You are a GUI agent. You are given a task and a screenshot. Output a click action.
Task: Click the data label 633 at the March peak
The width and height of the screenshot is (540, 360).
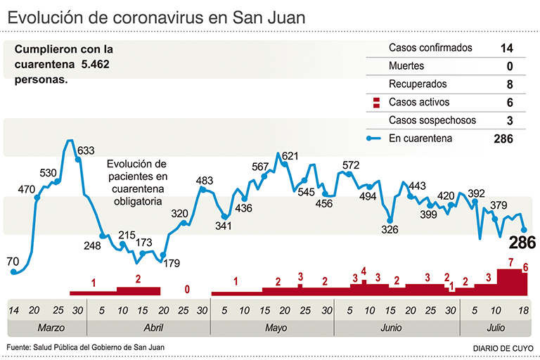(x=86, y=150)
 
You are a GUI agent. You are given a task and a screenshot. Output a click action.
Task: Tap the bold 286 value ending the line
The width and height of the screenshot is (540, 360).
(x=522, y=243)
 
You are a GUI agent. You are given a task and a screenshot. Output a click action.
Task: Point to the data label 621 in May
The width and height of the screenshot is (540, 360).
(x=290, y=156)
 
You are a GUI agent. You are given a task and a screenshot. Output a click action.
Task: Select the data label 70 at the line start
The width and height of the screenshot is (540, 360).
(x=13, y=262)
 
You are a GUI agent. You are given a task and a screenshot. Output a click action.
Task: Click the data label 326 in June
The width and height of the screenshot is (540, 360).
(x=390, y=229)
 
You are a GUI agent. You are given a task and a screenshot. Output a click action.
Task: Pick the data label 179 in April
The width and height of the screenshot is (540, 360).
(x=171, y=263)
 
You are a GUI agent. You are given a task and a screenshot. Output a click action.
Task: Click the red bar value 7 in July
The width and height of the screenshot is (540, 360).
(x=509, y=263)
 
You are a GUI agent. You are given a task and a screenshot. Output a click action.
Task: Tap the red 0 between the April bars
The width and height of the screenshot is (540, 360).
(x=187, y=288)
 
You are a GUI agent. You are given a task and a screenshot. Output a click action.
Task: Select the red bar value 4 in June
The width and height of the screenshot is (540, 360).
(x=364, y=271)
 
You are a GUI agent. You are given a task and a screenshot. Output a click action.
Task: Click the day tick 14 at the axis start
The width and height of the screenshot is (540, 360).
(x=13, y=310)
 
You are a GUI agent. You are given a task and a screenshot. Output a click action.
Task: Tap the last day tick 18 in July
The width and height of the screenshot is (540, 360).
(x=522, y=310)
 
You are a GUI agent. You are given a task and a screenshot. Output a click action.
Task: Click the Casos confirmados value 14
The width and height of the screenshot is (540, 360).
(x=506, y=49)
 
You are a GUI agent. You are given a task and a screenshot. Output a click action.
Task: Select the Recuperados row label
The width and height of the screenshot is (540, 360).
(x=418, y=84)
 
